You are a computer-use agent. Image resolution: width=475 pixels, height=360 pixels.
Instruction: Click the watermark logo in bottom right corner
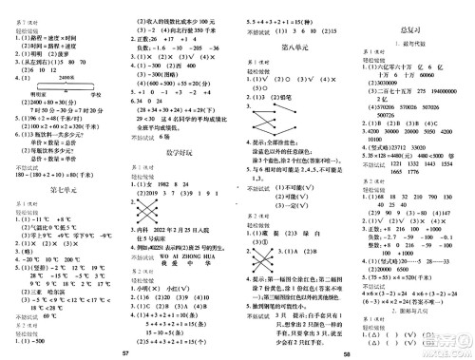tap(446, 340)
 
